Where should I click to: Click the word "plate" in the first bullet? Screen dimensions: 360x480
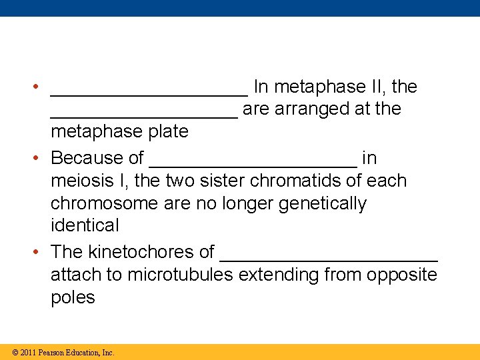pyautogui.click(x=167, y=132)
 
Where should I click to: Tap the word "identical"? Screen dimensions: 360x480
pyautogui.click(x=85, y=226)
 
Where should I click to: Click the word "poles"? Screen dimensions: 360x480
pyautogui.click(x=73, y=297)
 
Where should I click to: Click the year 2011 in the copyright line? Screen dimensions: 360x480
pyautogui.click(x=28, y=353)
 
